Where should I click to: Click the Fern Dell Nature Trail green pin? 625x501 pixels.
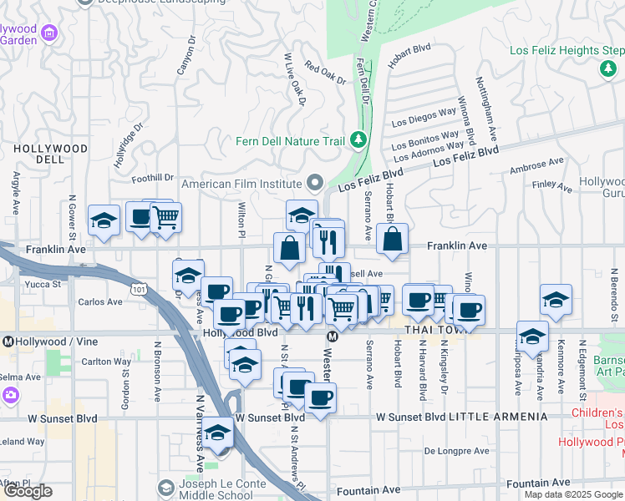point(358,139)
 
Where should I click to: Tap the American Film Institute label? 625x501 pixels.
point(241,184)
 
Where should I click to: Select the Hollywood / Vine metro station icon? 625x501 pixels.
point(8,342)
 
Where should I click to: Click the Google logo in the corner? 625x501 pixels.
point(28,491)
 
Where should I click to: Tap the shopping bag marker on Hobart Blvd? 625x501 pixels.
point(393,240)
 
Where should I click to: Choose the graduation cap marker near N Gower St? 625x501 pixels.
point(104,221)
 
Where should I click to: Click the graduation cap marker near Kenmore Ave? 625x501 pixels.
point(556,300)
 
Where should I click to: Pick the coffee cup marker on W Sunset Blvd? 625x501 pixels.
point(320,397)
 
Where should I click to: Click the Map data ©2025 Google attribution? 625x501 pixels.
point(572,494)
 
